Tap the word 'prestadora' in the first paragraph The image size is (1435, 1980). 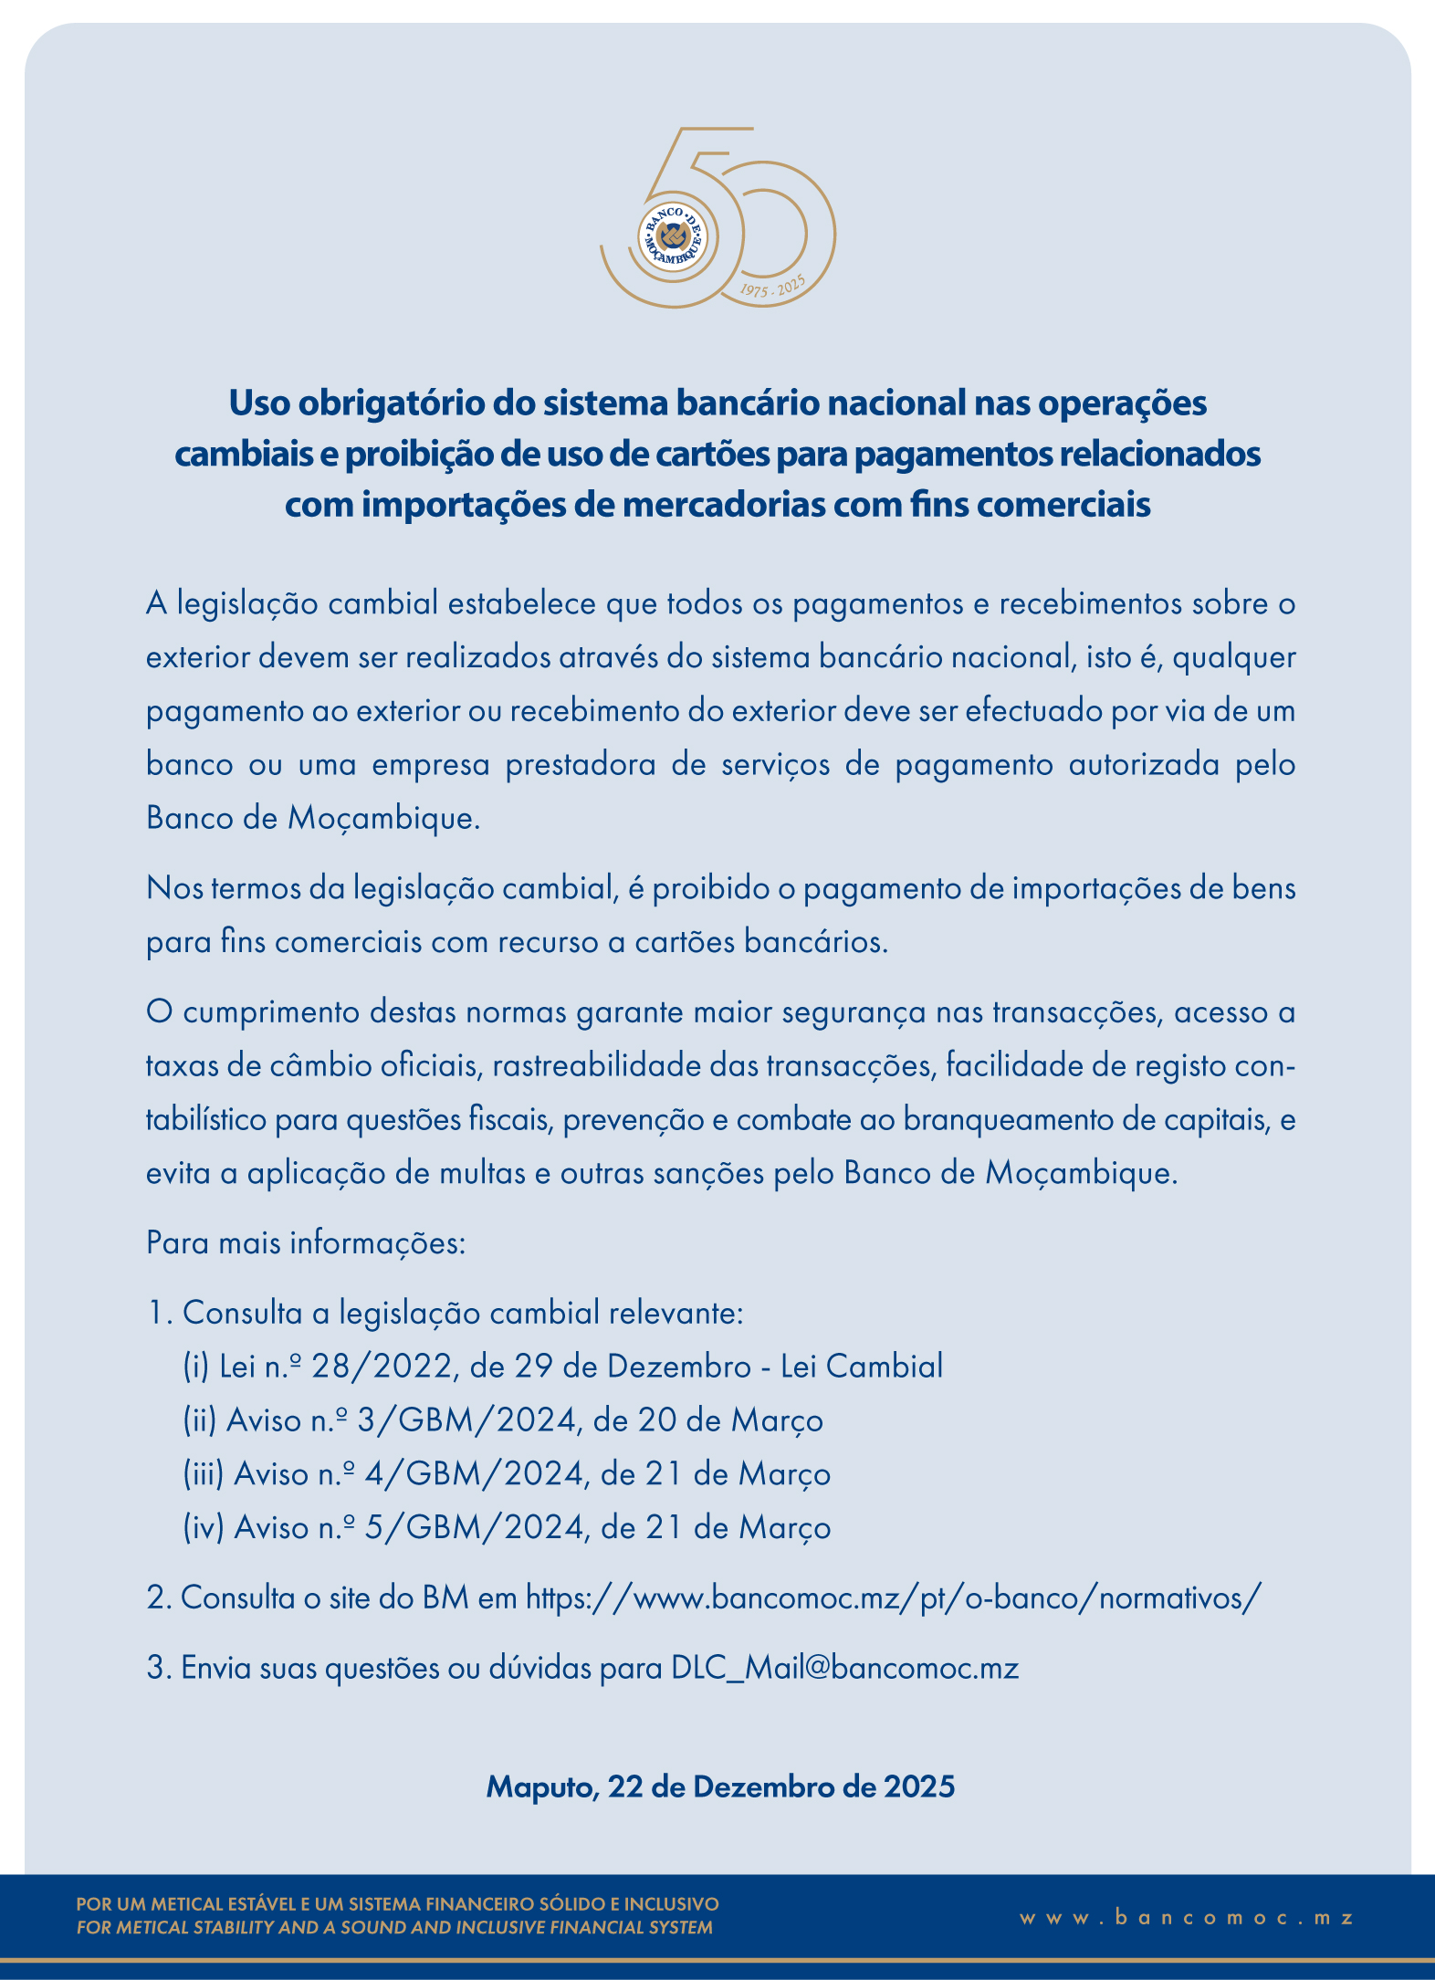[x=581, y=764]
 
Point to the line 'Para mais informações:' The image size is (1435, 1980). [x=306, y=1242]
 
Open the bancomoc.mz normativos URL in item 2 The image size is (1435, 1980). [x=894, y=1598]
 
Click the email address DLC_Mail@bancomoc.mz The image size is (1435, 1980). [x=844, y=1668]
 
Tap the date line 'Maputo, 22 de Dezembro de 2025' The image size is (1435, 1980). [x=720, y=1786]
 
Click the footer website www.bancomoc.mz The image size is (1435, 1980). [x=1187, y=1918]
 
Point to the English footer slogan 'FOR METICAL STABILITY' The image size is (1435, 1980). [x=394, y=1928]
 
